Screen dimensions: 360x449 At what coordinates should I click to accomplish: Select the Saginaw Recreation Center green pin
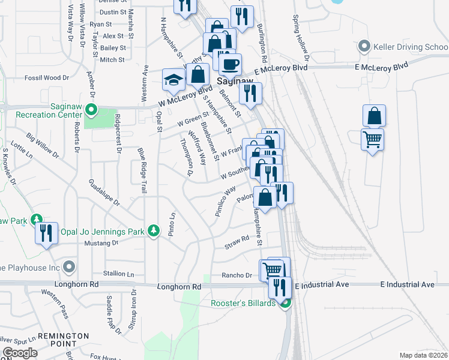tap(91, 110)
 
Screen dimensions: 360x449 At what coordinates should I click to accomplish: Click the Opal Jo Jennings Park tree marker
tap(154, 230)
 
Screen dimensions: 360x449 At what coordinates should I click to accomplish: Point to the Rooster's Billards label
tap(243, 303)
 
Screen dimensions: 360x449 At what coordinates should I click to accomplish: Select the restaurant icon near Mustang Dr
tap(46, 232)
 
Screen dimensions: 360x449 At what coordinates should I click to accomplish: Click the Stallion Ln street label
tap(118, 274)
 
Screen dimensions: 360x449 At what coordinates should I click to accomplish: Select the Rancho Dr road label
tap(237, 276)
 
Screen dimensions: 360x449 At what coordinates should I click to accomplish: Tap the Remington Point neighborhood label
tap(63, 340)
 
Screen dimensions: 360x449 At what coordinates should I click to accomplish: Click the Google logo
tap(20, 352)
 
